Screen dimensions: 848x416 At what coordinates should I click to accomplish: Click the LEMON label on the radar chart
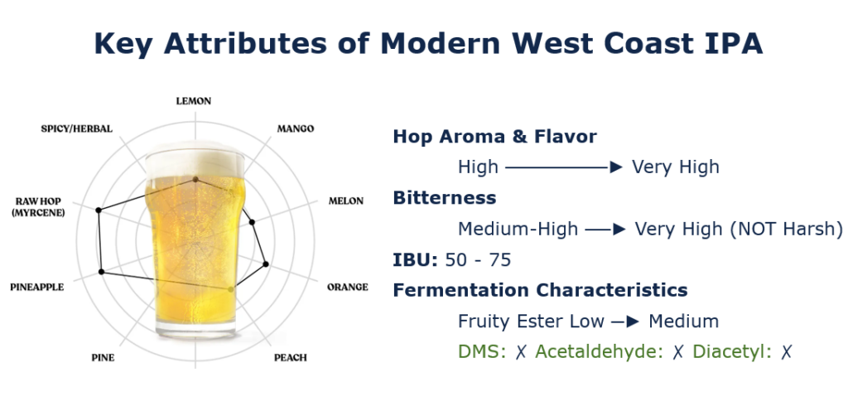click(194, 101)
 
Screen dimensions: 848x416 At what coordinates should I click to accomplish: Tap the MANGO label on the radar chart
click(296, 128)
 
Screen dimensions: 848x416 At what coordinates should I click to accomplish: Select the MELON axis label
click(346, 201)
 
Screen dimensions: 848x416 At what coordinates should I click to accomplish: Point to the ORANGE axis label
click(348, 287)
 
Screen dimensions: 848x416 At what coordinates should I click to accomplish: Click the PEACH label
click(291, 357)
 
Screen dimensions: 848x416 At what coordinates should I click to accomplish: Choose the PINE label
click(103, 357)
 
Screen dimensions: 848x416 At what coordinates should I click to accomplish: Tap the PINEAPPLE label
click(36, 288)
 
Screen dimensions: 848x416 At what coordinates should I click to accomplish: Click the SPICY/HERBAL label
click(77, 128)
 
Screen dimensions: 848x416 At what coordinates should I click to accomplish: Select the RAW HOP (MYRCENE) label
click(38, 207)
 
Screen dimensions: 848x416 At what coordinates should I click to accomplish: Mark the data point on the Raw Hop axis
click(99, 210)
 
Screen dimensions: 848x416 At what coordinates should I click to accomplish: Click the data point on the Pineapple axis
click(101, 272)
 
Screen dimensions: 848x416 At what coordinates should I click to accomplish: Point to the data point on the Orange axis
click(266, 264)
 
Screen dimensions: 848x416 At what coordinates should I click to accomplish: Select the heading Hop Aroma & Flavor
click(495, 137)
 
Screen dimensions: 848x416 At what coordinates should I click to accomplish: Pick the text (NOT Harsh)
click(786, 229)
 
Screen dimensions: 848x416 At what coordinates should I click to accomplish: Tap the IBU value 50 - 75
click(478, 260)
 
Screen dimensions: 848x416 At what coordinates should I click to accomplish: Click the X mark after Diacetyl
click(787, 352)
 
